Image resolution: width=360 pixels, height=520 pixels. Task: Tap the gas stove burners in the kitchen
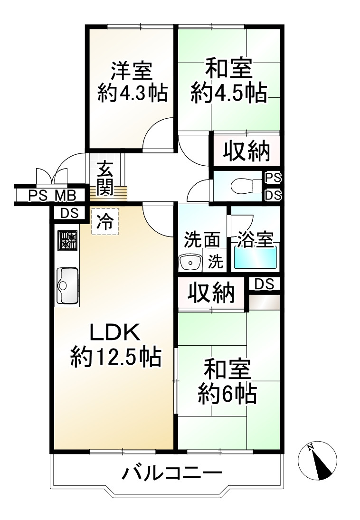(68, 240)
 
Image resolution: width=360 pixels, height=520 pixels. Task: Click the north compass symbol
(317, 461)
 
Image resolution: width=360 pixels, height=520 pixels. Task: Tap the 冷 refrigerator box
(105, 221)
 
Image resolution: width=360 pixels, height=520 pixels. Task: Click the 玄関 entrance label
(105, 179)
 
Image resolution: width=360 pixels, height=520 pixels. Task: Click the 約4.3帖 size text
(133, 93)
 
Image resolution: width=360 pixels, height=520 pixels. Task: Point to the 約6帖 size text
(227, 393)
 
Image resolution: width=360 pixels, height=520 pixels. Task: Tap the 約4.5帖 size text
(229, 93)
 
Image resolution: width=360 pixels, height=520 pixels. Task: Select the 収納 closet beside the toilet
(246, 151)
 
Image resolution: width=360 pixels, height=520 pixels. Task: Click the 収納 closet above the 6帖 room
(211, 293)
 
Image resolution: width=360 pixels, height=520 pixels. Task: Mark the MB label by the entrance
(66, 195)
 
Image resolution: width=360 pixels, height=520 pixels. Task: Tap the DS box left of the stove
(69, 213)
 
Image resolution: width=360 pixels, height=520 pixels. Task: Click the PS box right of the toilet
(274, 178)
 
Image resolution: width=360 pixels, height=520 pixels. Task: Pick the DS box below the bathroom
(265, 284)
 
